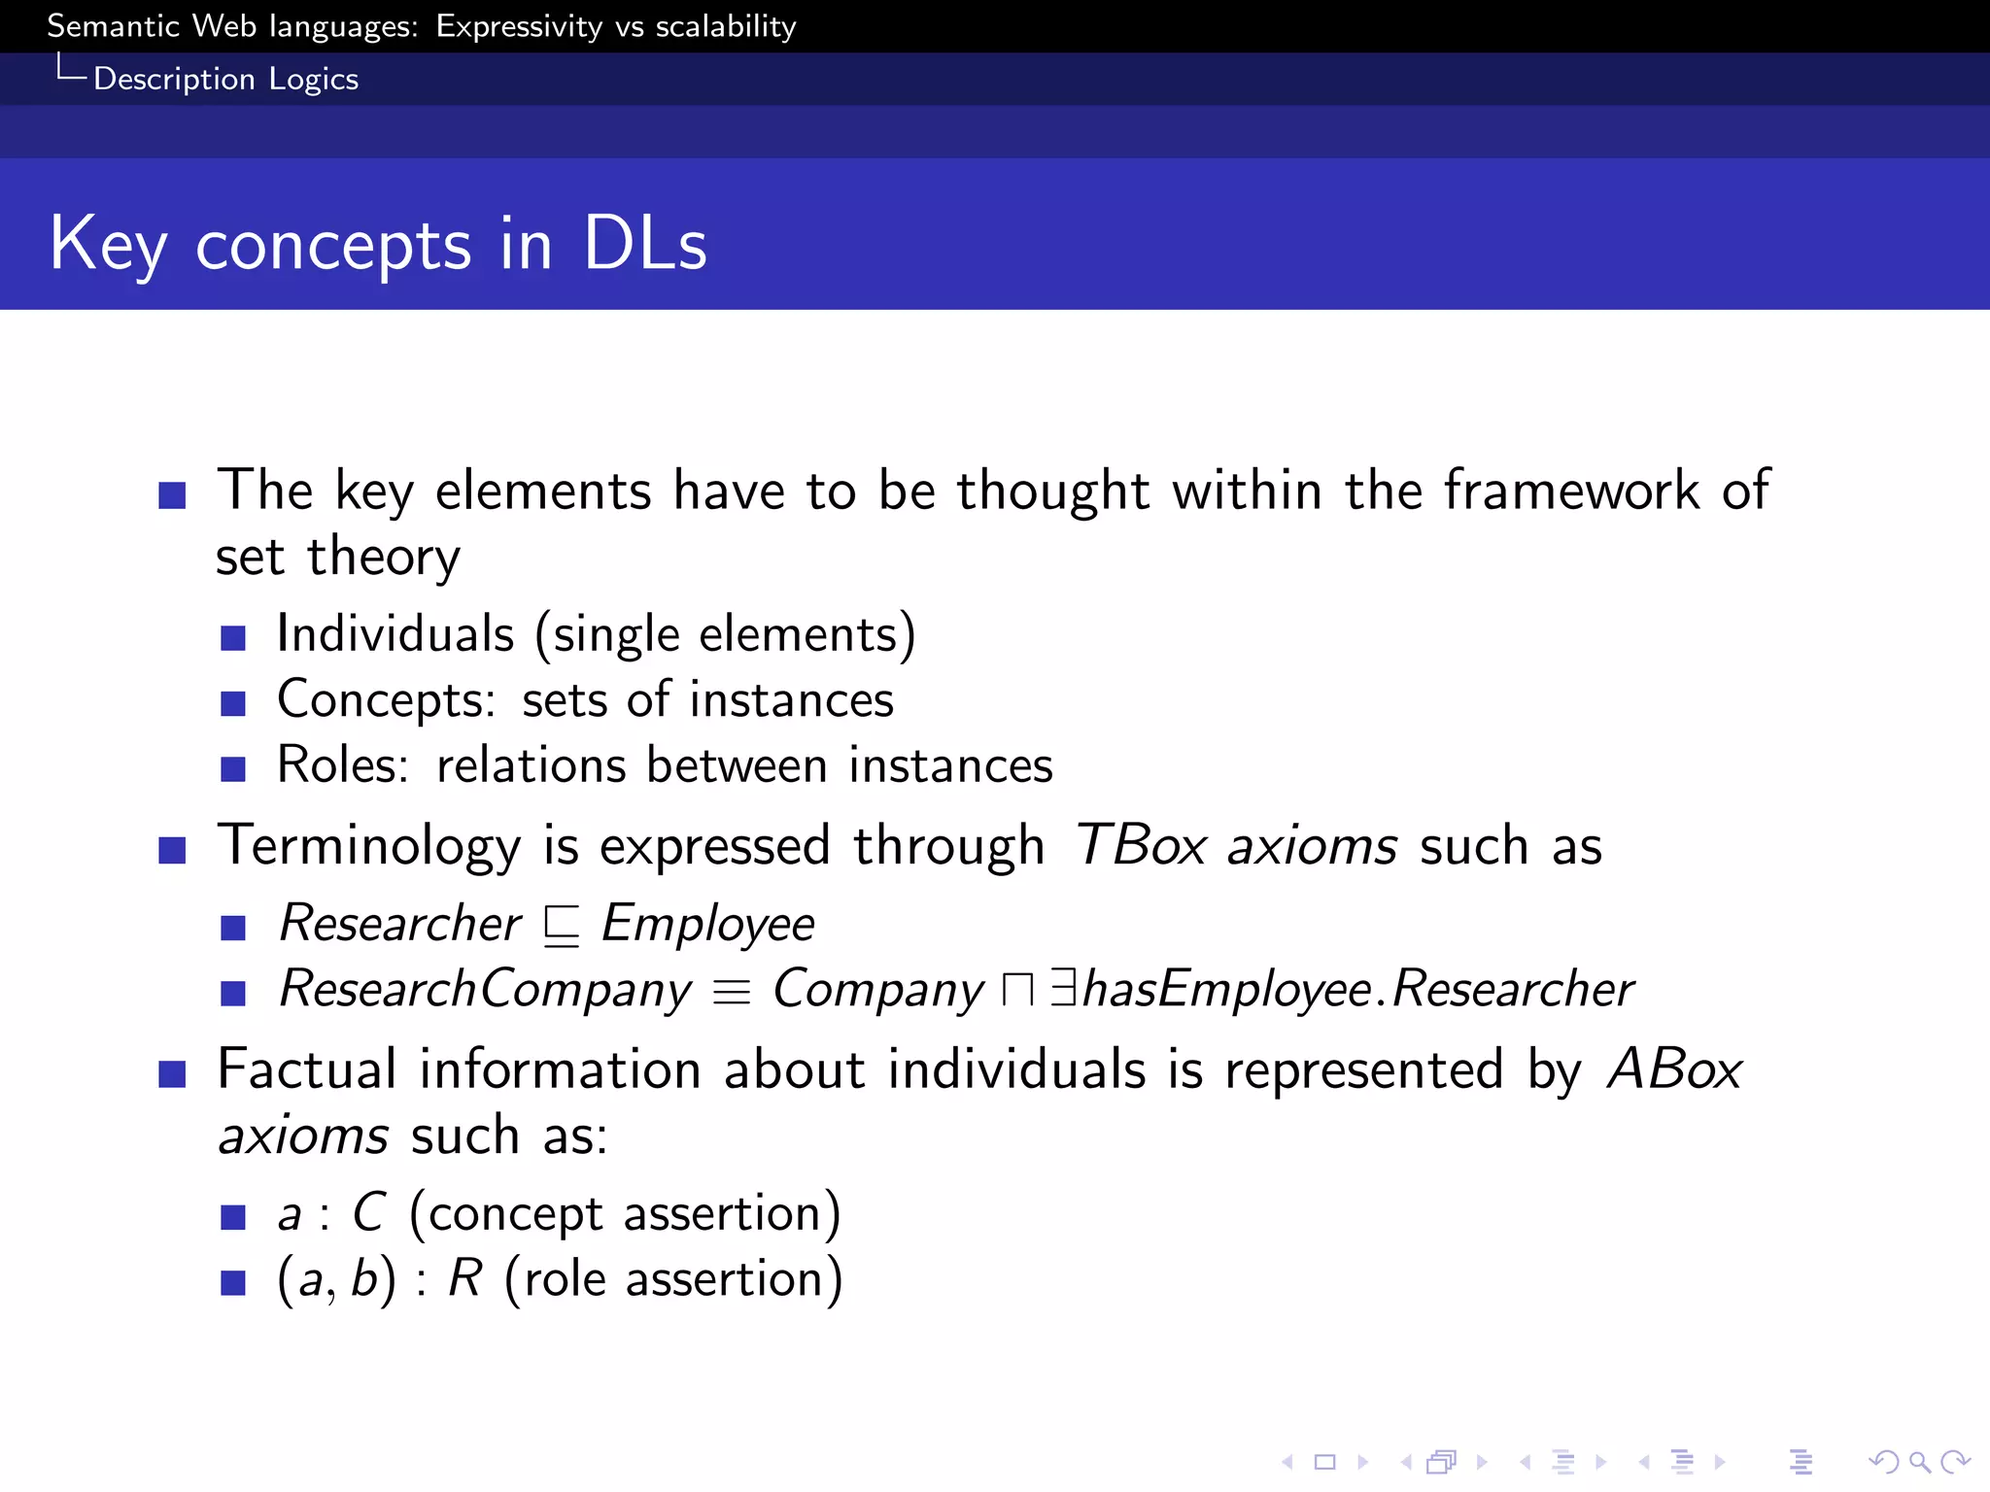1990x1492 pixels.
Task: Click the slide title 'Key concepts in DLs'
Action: pyautogui.click(x=378, y=243)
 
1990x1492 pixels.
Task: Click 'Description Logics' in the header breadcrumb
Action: pyautogui.click(x=225, y=79)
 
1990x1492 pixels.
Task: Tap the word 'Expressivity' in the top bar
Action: pyautogui.click(x=519, y=26)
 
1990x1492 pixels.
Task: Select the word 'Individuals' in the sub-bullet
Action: pyautogui.click(x=395, y=634)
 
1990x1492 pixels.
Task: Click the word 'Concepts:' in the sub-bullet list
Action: pyautogui.click(x=386, y=700)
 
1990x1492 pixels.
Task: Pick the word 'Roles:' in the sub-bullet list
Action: pyautogui.click(x=342, y=765)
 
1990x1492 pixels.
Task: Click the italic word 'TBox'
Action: pyautogui.click(x=1141, y=845)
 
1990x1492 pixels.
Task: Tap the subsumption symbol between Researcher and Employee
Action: pyautogui.click(x=562, y=925)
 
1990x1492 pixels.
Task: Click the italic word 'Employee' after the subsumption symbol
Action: pyautogui.click(x=707, y=924)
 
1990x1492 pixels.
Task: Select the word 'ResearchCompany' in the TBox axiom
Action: pyautogui.click(x=485, y=990)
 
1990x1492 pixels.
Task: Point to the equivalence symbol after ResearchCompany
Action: pyautogui.click(x=732, y=992)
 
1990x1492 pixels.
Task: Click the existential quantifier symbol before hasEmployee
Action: pyautogui.click(x=1064, y=988)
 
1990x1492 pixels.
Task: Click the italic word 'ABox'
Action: pyautogui.click(x=1674, y=1069)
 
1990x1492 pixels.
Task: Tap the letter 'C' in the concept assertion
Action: pyautogui.click(x=368, y=1213)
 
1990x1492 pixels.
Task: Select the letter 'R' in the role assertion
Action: pyautogui.click(x=464, y=1279)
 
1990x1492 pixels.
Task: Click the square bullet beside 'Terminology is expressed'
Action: pyautogui.click(x=172, y=850)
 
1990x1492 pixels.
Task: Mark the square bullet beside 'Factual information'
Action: pyautogui.click(x=172, y=1073)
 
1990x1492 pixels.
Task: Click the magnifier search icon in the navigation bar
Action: pyautogui.click(x=1919, y=1461)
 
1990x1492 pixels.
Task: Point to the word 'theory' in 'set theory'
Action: pyautogui.click(x=383, y=558)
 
